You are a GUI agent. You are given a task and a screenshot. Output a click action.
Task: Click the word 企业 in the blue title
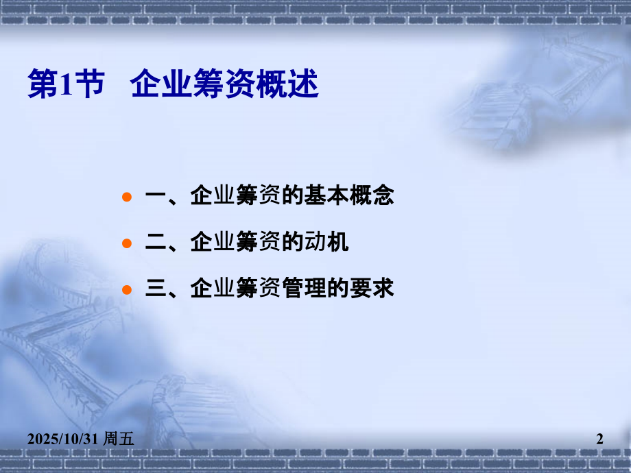(x=154, y=84)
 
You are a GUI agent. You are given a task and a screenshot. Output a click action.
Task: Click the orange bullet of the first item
(x=126, y=197)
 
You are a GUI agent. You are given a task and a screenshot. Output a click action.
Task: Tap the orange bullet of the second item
(x=126, y=243)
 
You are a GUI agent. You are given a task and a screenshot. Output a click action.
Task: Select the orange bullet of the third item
(x=126, y=289)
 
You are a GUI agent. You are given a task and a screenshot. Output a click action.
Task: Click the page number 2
(x=599, y=439)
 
